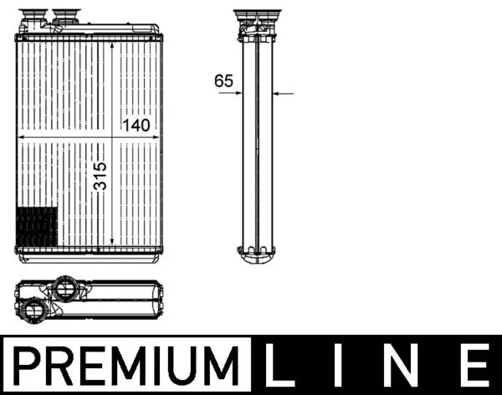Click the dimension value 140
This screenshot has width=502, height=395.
pyautogui.click(x=136, y=126)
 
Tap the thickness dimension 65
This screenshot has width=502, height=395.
pyautogui.click(x=223, y=81)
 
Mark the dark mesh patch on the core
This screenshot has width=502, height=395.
pyautogui.click(x=37, y=224)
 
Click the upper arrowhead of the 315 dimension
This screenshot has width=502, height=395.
pyautogui.click(x=112, y=42)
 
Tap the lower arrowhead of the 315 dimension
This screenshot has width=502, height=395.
pyautogui.click(x=112, y=242)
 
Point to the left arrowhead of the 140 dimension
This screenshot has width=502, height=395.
pyautogui.click(x=21, y=136)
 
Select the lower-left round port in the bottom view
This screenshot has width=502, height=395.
pyautogui.click(x=36, y=310)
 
